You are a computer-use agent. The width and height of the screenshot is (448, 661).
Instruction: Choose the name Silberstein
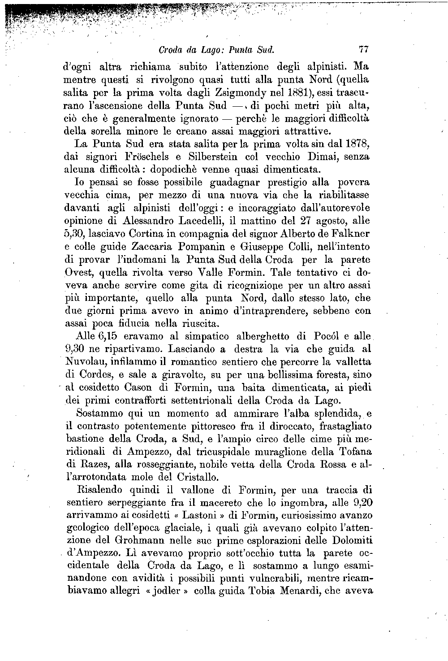[x=210, y=157]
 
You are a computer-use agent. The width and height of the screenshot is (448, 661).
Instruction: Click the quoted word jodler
[x=167, y=591]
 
